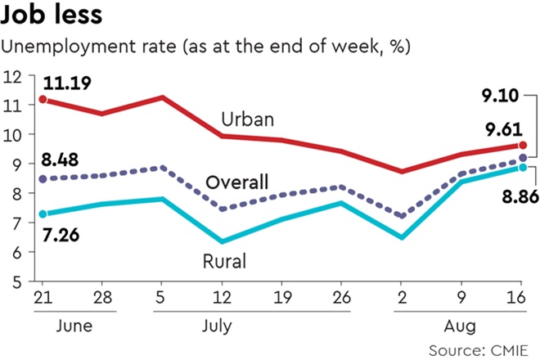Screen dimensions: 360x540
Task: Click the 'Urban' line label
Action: click(248, 120)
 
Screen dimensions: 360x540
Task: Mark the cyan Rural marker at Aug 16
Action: click(523, 167)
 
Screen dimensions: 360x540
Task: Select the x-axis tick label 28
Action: click(102, 296)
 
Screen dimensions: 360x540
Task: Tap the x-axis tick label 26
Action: click(341, 296)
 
